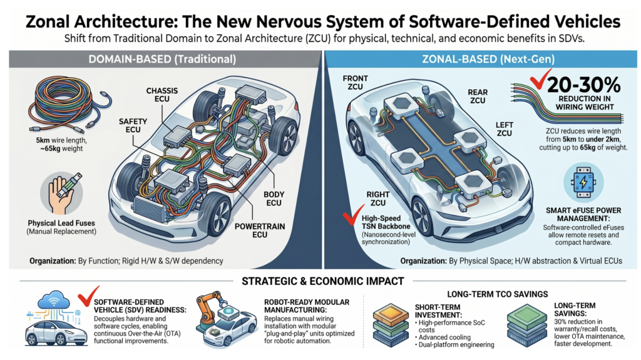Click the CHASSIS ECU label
coord(162,95)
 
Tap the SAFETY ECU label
coord(133,126)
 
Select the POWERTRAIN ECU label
coord(260,231)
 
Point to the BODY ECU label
coord(274,199)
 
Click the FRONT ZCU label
coord(356,82)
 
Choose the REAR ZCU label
coord(478,96)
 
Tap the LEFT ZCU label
coord(504,129)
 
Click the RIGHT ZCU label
coord(377,199)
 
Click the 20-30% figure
coord(584,85)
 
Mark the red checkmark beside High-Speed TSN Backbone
coord(353,215)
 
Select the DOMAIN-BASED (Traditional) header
coord(162,59)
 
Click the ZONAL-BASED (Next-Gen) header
coord(488,59)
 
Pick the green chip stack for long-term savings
coord(527,326)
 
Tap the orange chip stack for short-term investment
coord(391,325)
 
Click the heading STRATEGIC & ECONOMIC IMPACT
coord(323,282)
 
